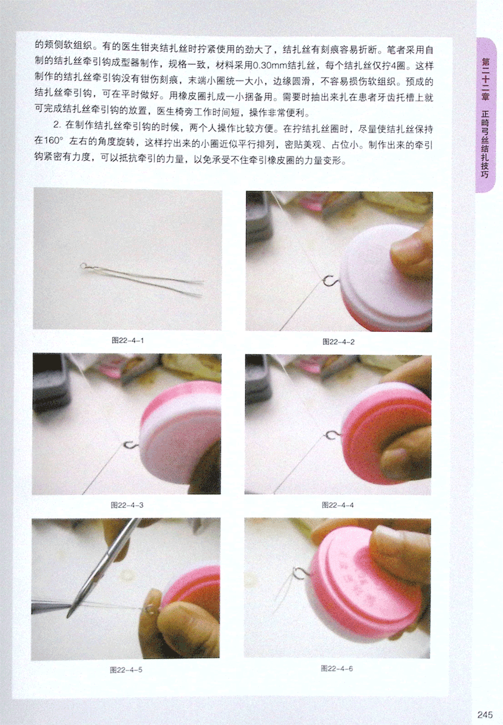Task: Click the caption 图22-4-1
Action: click(x=128, y=340)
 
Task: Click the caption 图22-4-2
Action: click(x=339, y=342)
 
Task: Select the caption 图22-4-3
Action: click(x=127, y=505)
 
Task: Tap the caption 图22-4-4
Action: click(x=337, y=505)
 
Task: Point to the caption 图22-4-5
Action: click(x=126, y=670)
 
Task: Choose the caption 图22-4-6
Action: click(x=337, y=668)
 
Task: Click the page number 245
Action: click(x=484, y=715)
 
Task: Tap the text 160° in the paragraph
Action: click(x=52, y=142)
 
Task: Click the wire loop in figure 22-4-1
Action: click(x=83, y=266)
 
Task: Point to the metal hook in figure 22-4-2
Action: click(x=329, y=281)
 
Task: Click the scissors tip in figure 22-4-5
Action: click(x=69, y=617)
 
